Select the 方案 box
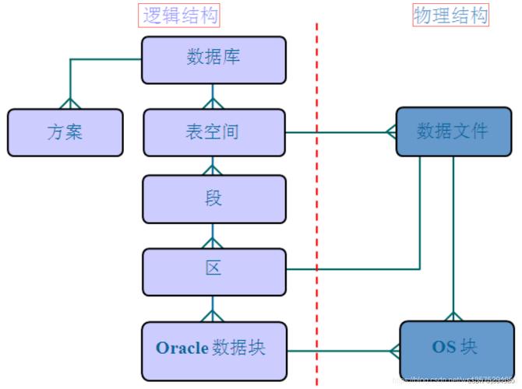(x=65, y=132)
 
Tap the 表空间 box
(x=213, y=132)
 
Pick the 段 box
(x=213, y=199)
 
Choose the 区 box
(x=213, y=269)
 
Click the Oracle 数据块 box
(x=213, y=348)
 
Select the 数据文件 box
(x=453, y=131)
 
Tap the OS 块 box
(x=453, y=348)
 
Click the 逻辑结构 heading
(x=180, y=15)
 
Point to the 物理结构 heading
(x=451, y=15)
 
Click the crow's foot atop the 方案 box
(x=70, y=103)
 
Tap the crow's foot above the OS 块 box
(x=453, y=315)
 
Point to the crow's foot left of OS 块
(x=392, y=351)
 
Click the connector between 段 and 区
(x=213, y=237)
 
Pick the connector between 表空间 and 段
(x=213, y=166)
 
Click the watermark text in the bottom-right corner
(x=456, y=381)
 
